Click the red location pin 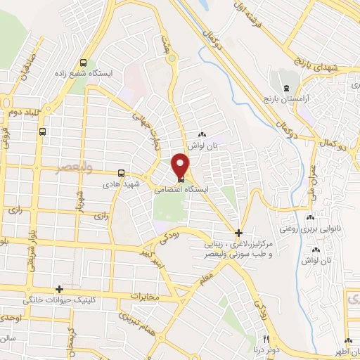[181, 165]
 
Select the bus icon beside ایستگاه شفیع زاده [84, 60]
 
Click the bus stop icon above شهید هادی [122, 172]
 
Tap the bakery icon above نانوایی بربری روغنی [311, 218]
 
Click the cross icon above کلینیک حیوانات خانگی [59, 289]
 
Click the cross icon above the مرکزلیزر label [238, 232]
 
